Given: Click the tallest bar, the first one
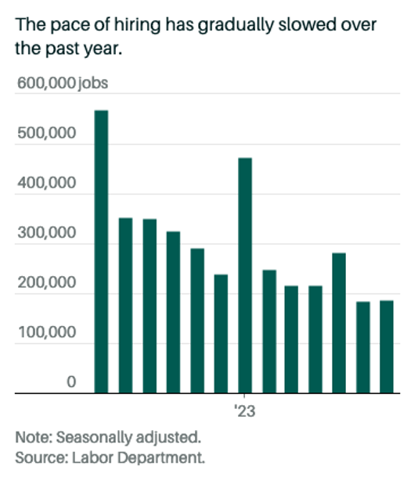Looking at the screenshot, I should coord(101,251).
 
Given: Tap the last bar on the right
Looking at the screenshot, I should coord(387,346).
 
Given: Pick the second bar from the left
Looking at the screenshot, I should coord(125,305).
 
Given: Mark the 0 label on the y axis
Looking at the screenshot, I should coord(70,382).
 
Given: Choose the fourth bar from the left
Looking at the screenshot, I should coord(173,312).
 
